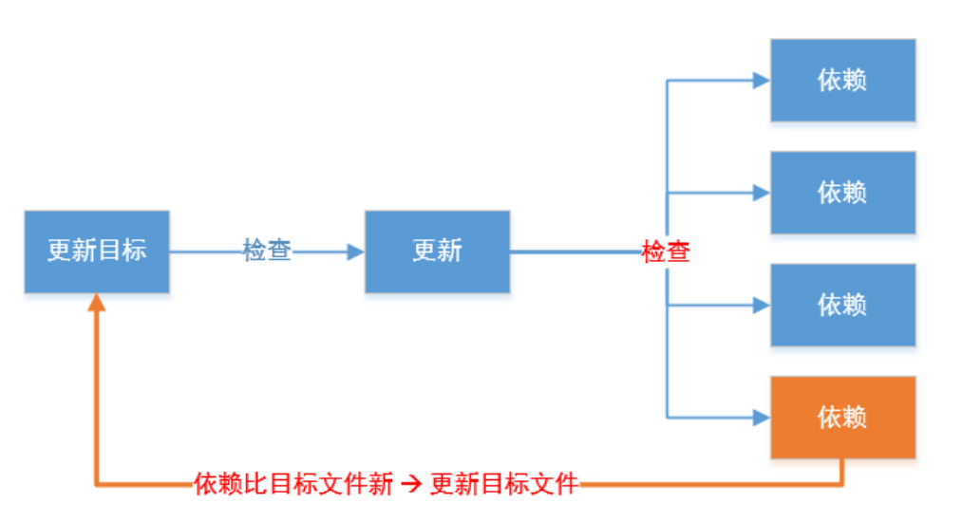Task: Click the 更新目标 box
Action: (97, 252)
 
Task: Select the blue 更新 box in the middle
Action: (437, 252)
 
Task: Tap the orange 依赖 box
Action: (842, 418)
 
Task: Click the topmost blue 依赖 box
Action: (842, 81)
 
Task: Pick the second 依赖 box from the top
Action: (842, 193)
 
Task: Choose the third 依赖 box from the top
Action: (842, 305)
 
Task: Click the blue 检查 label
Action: (267, 252)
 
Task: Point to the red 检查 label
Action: (666, 252)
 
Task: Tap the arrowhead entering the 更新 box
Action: (356, 252)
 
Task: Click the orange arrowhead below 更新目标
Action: (97, 303)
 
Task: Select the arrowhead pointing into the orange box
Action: (761, 417)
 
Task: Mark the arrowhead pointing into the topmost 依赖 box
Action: (761, 81)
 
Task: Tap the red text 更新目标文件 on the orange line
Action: (503, 485)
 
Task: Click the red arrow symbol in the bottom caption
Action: (410, 485)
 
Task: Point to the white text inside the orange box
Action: (842, 418)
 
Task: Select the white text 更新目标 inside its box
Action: (97, 252)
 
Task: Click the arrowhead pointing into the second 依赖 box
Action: (761, 193)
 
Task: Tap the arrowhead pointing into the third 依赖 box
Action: (761, 305)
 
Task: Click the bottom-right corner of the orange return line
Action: (842, 485)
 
